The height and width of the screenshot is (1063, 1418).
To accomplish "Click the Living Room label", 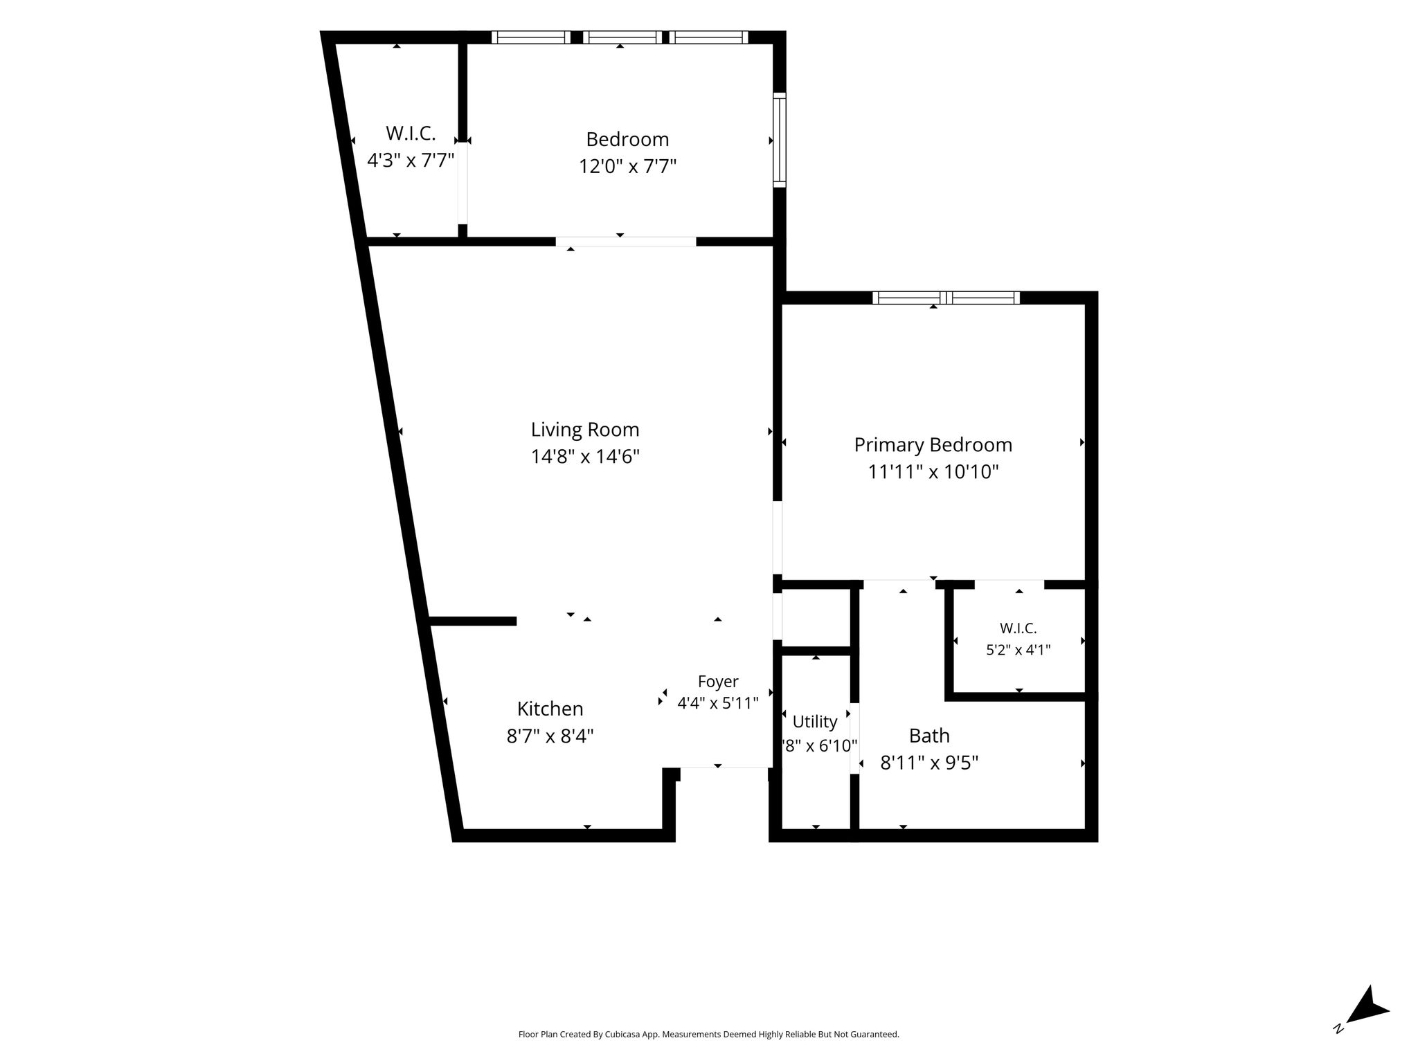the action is tap(585, 430).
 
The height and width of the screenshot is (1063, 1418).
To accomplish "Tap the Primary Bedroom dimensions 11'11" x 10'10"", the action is tap(933, 472).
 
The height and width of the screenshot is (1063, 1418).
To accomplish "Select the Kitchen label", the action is tap(550, 709).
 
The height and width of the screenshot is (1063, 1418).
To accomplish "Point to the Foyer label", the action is tap(718, 682).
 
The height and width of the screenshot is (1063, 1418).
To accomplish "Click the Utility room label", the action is tap(815, 722).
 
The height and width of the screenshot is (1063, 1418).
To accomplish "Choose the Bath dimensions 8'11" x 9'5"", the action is tap(929, 763).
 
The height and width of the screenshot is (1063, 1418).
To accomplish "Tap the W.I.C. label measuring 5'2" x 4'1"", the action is tap(1018, 628).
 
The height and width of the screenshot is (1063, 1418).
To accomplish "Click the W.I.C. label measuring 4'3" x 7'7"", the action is tap(411, 133).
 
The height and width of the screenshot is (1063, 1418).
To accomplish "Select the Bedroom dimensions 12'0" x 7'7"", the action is tap(627, 167).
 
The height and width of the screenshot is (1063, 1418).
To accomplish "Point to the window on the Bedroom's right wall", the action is tap(780, 140).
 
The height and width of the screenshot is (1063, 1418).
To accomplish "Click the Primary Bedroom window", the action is tap(946, 298).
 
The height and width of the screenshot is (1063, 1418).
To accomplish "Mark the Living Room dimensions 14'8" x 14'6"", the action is tap(585, 457).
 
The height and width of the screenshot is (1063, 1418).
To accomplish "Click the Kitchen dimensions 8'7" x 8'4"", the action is tap(550, 736).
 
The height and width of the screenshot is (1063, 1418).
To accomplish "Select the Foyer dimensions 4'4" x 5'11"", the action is tap(718, 703).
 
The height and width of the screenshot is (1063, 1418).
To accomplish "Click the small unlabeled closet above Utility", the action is tap(816, 618).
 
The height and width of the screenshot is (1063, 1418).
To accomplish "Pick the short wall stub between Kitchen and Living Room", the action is tap(473, 621).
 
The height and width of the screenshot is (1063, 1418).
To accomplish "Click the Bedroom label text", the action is tap(627, 140).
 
